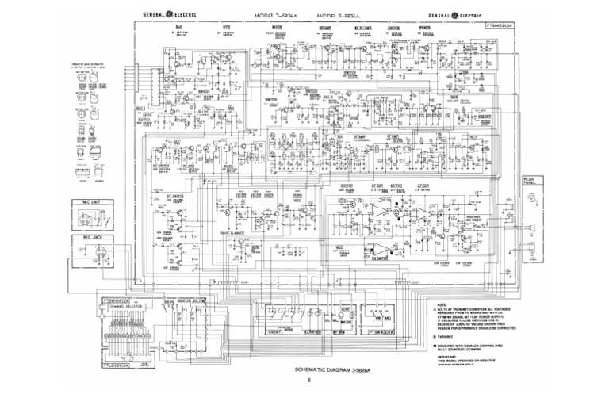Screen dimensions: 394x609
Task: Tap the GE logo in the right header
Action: (454, 15)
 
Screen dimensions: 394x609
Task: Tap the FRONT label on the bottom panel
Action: (276, 331)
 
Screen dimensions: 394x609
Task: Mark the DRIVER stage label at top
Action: (393, 27)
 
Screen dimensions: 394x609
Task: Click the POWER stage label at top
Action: (425, 27)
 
